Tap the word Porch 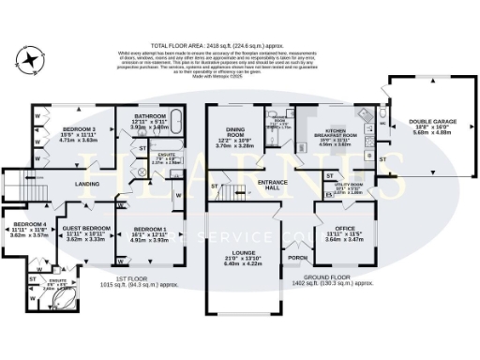(x=298, y=257)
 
